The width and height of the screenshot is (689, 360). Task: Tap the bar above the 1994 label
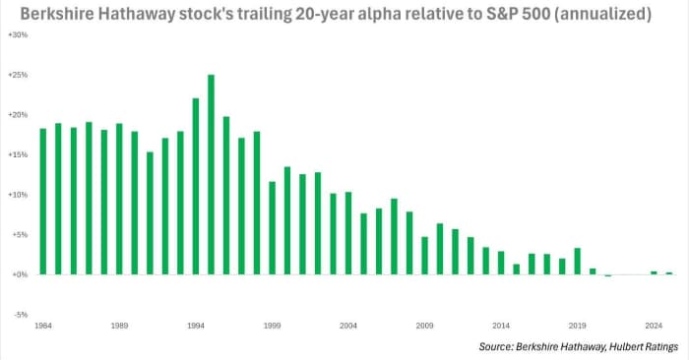pyautogui.click(x=196, y=187)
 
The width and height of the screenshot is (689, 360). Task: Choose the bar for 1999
pyautogui.click(x=272, y=228)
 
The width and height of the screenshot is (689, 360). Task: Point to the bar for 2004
pyautogui.click(x=348, y=233)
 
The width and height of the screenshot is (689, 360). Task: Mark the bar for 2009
pyautogui.click(x=424, y=256)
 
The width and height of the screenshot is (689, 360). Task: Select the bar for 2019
pyautogui.click(x=577, y=262)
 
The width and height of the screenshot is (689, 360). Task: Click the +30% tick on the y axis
pyautogui.click(x=17, y=34)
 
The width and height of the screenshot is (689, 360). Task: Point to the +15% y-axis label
pyautogui.click(x=17, y=154)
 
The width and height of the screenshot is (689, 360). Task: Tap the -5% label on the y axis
pyautogui.click(x=20, y=315)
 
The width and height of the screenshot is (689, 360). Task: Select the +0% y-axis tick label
pyautogui.click(x=19, y=274)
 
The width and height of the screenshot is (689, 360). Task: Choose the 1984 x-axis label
pyautogui.click(x=42, y=324)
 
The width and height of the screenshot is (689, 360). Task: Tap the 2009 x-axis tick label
pyautogui.click(x=424, y=324)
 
